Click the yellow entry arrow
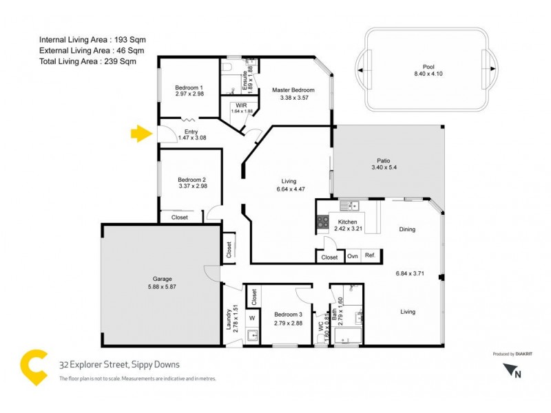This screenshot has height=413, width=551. [141, 133]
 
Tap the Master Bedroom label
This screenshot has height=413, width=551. [293, 90]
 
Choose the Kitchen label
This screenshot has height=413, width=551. [346, 222]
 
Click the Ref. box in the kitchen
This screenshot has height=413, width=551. [370, 256]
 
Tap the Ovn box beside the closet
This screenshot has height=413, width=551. [352, 256]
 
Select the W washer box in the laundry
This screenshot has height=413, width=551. [252, 317]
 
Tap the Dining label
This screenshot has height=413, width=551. [406, 229]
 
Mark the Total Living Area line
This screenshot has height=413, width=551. [87, 61]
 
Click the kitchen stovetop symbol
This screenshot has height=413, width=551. [322, 222]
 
